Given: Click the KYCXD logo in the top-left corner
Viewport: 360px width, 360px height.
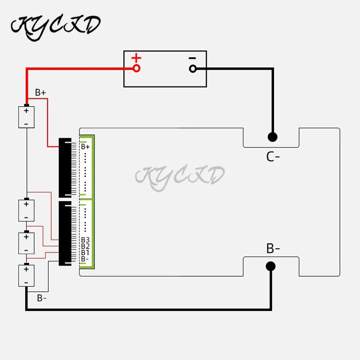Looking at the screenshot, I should tap(55, 25).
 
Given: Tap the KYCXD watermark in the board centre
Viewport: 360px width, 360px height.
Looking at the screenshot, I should tap(180, 176).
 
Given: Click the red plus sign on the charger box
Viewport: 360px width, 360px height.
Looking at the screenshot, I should tap(136, 58).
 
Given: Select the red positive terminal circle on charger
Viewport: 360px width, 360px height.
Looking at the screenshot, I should tap(136, 68).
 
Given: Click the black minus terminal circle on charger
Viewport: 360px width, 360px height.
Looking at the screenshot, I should tap(193, 68).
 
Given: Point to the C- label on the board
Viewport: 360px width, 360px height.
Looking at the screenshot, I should tap(273, 157).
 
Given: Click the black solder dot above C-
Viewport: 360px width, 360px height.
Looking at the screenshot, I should tap(272, 136).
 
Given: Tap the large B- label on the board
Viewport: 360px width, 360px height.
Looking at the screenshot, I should tap(273, 248).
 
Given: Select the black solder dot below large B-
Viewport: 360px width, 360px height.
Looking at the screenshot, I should tap(270, 266).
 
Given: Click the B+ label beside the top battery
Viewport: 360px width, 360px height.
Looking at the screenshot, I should tap(40, 93).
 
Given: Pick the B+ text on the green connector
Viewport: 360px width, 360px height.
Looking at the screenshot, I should tap(85, 147).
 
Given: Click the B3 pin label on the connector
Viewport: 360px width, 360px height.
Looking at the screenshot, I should tap(85, 240).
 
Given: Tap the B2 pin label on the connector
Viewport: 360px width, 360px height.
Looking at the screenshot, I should tap(85, 246).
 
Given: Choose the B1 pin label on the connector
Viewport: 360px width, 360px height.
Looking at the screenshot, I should tap(85, 252).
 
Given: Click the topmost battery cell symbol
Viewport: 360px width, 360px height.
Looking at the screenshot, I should tap(26, 117).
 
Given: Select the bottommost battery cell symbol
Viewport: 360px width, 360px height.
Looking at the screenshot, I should tap(26, 275).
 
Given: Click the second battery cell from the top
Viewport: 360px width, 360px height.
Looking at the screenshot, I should tap(26, 210).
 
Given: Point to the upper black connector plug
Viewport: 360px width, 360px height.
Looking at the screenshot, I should tap(65, 168).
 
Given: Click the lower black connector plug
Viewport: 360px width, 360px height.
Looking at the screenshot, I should tap(65, 233).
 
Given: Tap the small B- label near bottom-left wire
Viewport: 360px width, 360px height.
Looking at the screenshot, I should tap(42, 297).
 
